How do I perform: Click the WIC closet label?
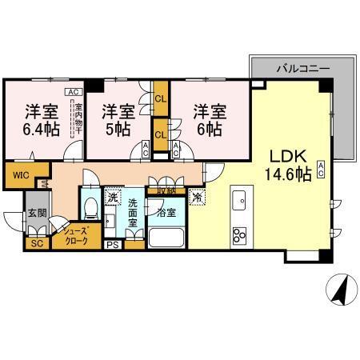(19, 174)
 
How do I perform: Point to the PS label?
(114, 246)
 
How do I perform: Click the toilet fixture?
(91, 210)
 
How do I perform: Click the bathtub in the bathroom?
(168, 238)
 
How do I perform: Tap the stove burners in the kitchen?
(240, 234)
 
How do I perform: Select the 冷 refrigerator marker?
(197, 195)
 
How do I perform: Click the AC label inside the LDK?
(321, 169)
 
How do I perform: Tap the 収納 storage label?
(166, 191)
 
